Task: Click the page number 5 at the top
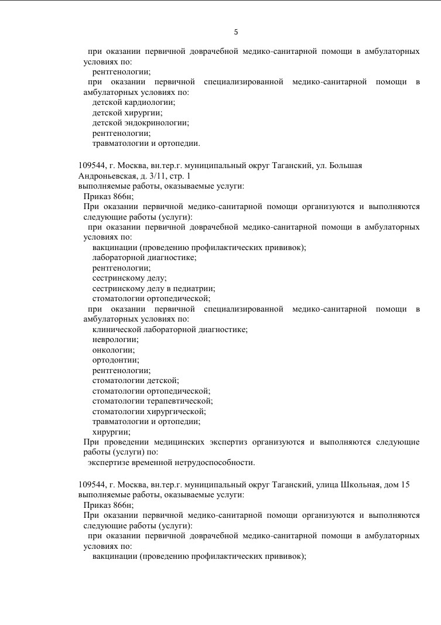click(236, 32)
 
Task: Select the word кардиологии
click(155, 103)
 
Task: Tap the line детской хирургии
click(127, 112)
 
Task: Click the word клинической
click(116, 329)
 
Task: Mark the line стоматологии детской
click(135, 380)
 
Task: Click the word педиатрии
click(197, 288)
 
